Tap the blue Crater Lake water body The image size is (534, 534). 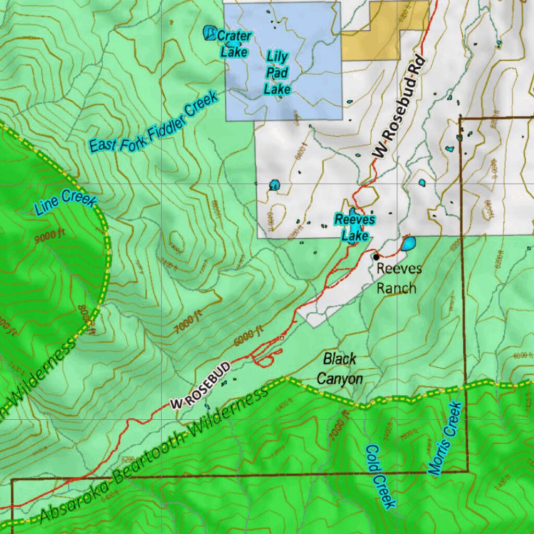(x=210, y=33)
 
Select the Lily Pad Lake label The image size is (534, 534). (x=277, y=72)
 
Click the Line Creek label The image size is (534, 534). (x=66, y=202)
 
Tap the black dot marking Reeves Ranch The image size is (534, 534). (x=376, y=257)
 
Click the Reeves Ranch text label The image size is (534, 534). (x=396, y=278)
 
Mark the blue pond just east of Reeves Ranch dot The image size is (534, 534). (x=408, y=244)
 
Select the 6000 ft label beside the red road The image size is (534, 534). (x=248, y=337)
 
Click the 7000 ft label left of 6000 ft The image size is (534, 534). (x=188, y=323)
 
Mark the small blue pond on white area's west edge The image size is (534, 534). (x=274, y=185)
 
